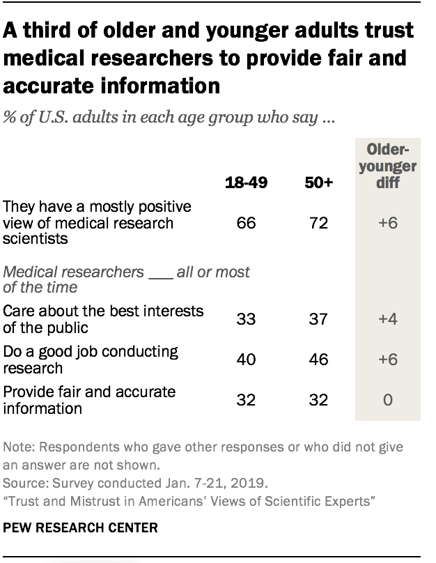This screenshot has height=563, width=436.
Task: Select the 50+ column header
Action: click(x=320, y=183)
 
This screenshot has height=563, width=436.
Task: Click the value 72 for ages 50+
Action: click(x=320, y=223)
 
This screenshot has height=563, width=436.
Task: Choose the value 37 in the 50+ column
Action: click(x=320, y=318)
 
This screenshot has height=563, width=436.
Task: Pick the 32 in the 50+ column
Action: click(x=320, y=400)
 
